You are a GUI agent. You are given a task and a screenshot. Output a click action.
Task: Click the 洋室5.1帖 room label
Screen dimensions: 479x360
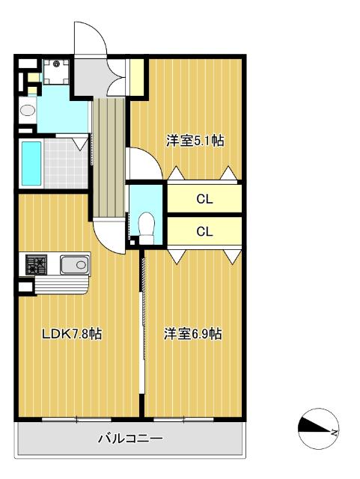pos(195,141)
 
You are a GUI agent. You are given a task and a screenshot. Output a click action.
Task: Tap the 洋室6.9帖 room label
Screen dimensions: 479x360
pos(193,334)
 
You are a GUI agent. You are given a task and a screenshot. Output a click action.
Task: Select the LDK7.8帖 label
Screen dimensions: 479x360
pos(72,334)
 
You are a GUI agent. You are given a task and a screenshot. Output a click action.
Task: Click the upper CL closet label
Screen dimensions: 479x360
pos(204,200)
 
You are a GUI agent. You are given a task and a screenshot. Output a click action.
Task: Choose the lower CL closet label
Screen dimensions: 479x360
pos(204,231)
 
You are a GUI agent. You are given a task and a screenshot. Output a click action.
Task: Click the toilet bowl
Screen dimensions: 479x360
pos(147,223)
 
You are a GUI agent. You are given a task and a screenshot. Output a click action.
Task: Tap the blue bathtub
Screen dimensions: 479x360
pos(31,163)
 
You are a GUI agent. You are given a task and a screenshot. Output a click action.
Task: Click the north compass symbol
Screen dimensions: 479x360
pos(318,427)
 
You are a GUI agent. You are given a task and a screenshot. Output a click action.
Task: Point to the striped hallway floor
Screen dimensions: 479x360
pos(110,157)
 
